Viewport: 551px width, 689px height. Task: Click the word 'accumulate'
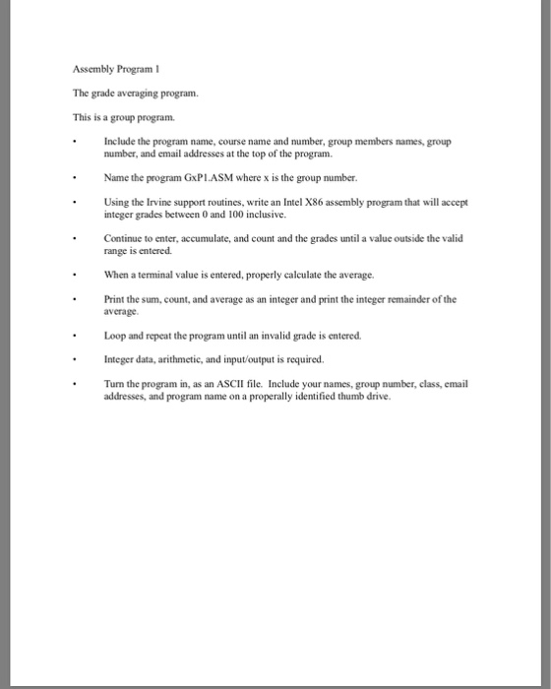point(204,238)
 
